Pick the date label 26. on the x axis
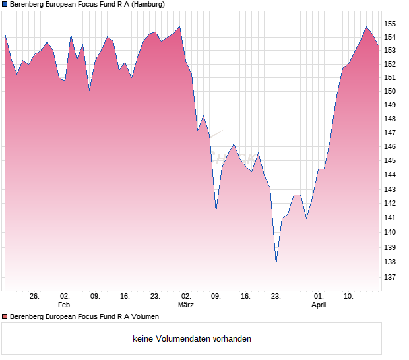click(x=34, y=296)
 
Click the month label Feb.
click(x=65, y=305)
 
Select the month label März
click(x=186, y=305)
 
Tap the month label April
click(x=319, y=305)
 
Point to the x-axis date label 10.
click(x=349, y=296)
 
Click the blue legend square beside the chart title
click(x=5, y=4)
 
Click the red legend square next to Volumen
click(x=5, y=316)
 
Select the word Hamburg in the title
click(x=146, y=4)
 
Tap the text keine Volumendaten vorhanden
click(x=192, y=339)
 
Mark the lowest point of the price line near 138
click(x=276, y=264)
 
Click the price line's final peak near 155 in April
click(x=366, y=27)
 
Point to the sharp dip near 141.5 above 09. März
click(x=216, y=210)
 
